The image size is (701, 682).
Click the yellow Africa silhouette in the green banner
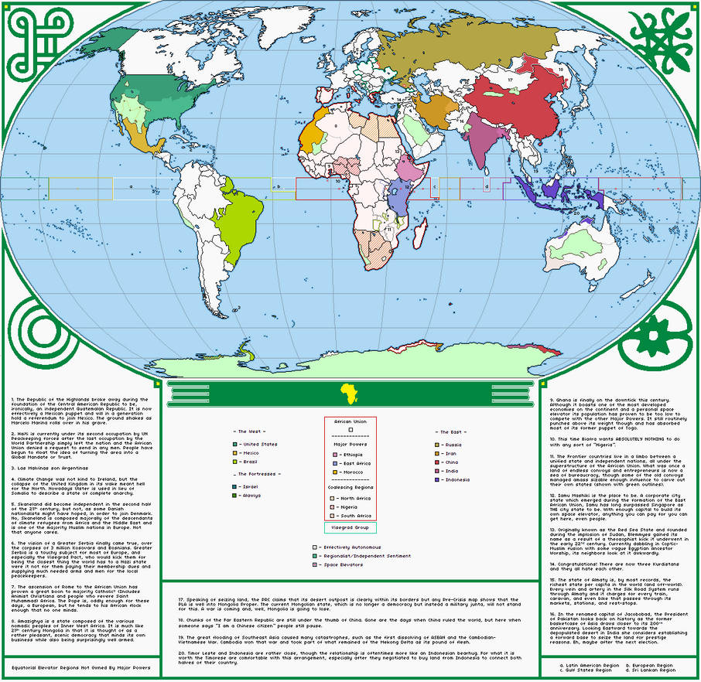pos(350,392)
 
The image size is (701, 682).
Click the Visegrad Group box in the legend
pos(350,528)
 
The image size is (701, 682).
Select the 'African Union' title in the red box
pos(350,422)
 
